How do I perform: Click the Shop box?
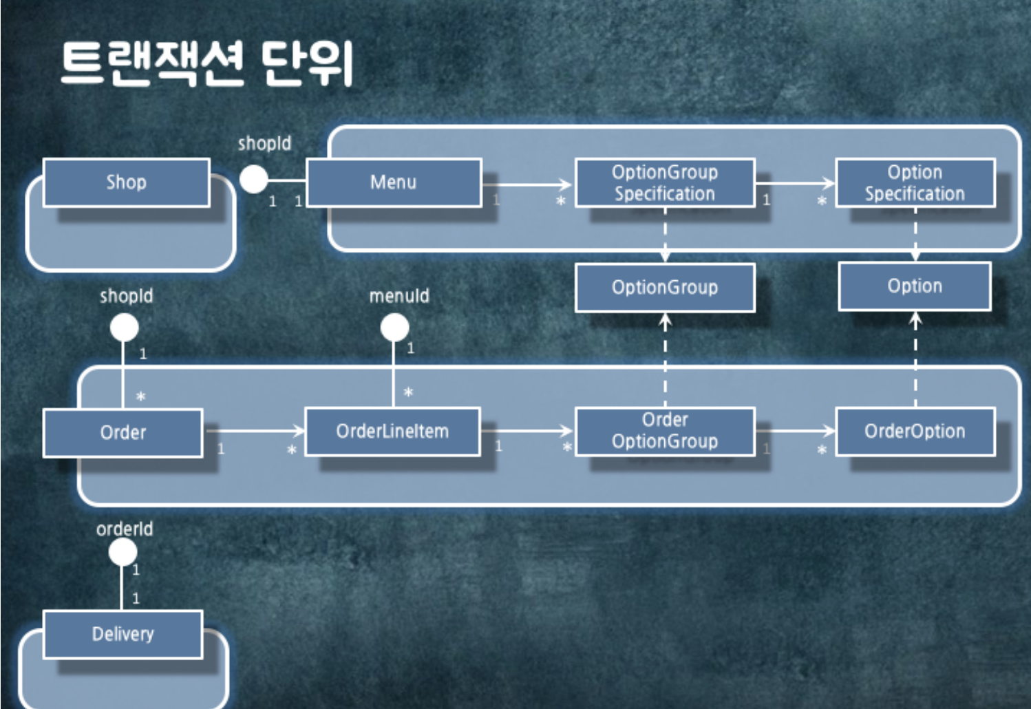[126, 182]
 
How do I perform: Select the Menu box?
[393, 182]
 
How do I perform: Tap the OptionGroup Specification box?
[665, 182]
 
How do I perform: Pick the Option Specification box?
[915, 182]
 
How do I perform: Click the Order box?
[123, 433]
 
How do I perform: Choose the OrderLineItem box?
[392, 432]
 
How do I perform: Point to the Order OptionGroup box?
[665, 431]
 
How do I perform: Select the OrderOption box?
[915, 432]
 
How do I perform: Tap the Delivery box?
[123, 634]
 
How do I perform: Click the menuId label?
[399, 296]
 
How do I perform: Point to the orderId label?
[125, 529]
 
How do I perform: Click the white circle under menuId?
[395, 328]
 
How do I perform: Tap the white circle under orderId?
[123, 552]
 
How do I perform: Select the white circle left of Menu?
[254, 180]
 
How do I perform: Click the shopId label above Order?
[126, 296]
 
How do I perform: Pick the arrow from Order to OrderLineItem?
[255, 432]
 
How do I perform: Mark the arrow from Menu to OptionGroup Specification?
[527, 184]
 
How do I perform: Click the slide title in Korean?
[206, 63]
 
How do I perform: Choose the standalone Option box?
[915, 286]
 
